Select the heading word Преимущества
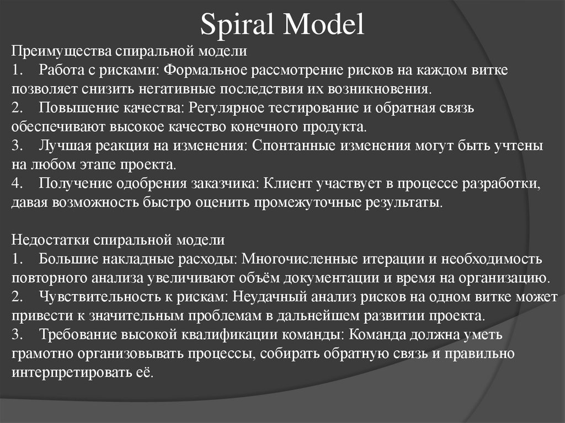(x=62, y=52)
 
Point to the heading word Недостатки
(x=51, y=240)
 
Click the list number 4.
(x=17, y=183)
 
